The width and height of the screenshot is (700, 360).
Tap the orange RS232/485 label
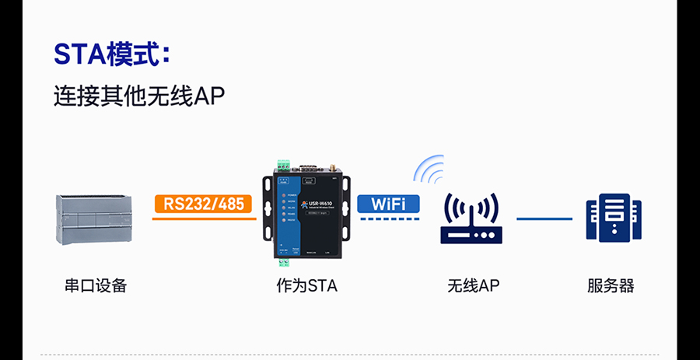[204, 204]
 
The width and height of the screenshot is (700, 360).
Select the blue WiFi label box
[388, 204]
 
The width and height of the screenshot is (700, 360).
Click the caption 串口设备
[95, 285]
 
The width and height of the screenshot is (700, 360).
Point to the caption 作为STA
[306, 285]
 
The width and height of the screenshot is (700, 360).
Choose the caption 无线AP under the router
[473, 285]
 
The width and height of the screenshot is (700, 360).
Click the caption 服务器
[611, 285]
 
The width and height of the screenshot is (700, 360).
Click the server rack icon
[613, 218]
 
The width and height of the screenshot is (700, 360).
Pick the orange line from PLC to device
[204, 219]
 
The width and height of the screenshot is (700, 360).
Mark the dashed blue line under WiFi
[388, 219]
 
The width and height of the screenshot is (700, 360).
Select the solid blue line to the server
[544, 218]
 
